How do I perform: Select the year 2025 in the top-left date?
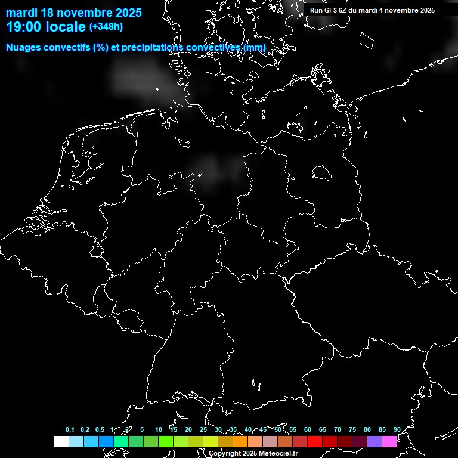(x=125, y=13)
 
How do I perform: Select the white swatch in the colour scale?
(x=61, y=441)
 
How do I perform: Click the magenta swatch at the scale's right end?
(x=389, y=441)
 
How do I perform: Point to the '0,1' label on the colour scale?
(x=70, y=430)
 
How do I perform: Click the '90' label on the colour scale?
(x=397, y=430)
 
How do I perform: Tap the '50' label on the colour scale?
(x=278, y=430)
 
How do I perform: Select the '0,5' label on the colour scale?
(x=100, y=430)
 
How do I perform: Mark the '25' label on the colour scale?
(x=203, y=430)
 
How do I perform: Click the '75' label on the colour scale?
(x=352, y=430)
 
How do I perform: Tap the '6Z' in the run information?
(x=343, y=10)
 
